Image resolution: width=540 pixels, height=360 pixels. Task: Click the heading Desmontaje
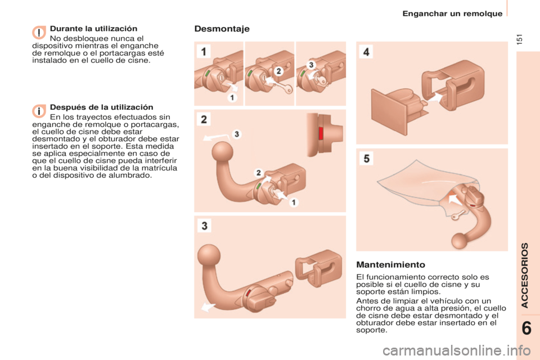222,29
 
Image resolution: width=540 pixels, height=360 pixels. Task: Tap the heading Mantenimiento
390,264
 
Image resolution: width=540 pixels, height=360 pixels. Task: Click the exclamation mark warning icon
39,33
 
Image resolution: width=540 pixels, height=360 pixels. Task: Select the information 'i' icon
39,111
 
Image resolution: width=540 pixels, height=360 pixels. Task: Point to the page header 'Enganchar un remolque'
452,13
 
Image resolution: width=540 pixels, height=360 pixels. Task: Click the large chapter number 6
526,328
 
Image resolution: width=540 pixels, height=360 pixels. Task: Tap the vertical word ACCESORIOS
524,275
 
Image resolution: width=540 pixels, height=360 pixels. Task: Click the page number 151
520,39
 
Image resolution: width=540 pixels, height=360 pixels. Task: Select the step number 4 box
366,52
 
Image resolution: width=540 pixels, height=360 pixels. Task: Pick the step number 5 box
366,159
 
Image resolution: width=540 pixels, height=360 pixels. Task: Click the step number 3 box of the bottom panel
204,226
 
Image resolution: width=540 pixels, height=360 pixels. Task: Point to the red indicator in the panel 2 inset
321,134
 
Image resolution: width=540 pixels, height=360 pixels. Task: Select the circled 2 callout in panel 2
258,173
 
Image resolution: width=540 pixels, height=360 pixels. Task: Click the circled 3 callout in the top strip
311,65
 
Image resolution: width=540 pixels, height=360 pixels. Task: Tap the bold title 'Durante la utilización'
94,29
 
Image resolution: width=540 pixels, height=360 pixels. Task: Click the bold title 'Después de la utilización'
102,107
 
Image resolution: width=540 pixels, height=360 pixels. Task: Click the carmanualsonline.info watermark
457,351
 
